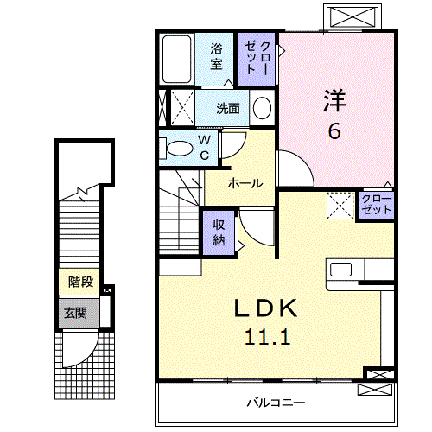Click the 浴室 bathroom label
point(215,57)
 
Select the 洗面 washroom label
point(228,109)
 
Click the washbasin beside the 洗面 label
point(261,108)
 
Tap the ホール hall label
point(246,183)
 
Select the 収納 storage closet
point(219,231)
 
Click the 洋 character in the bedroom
point(334,100)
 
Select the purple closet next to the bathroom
point(257,57)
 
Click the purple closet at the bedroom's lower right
point(376,205)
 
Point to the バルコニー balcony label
point(275,402)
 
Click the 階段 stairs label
point(80,283)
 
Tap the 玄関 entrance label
point(73,312)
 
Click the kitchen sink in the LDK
point(340,269)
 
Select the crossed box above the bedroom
point(352,16)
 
